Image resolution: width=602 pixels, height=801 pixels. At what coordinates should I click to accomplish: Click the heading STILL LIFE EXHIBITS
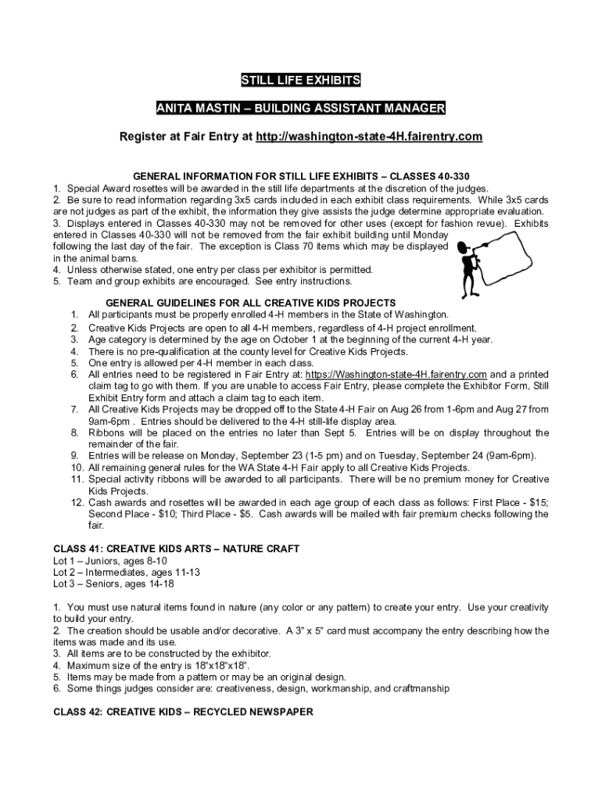click(x=301, y=80)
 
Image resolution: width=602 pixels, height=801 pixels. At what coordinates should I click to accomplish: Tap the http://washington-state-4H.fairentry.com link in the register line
click(x=369, y=137)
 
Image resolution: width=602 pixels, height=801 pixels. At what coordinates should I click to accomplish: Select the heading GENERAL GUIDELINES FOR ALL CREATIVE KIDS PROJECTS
click(x=250, y=303)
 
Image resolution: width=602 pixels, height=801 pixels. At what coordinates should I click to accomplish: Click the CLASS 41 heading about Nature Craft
click(x=176, y=548)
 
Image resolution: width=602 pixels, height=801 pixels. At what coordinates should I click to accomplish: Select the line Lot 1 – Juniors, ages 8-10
click(x=109, y=561)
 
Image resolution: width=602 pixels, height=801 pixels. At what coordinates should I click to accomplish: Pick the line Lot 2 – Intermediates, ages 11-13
click(x=127, y=572)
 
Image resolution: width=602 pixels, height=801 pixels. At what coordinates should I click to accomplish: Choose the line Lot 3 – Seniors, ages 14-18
click(x=113, y=584)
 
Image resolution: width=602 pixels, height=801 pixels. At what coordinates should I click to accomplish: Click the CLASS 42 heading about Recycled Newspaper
click(x=183, y=712)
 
